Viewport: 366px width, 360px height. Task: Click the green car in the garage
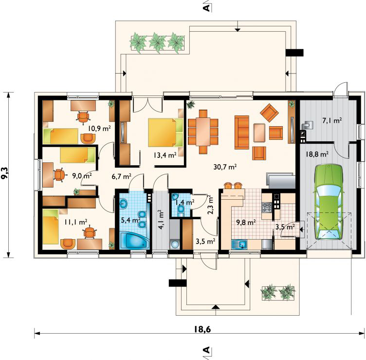[x=329, y=202]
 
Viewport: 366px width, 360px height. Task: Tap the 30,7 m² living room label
[x=225, y=167]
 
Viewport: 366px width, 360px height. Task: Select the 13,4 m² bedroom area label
[x=165, y=155]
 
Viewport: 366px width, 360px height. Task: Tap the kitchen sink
[x=239, y=245]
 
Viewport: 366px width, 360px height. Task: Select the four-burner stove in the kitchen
[x=267, y=208]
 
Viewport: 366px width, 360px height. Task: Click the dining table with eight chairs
[x=203, y=132]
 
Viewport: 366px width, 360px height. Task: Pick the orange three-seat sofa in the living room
[x=242, y=132]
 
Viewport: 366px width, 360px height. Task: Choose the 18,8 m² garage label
[x=317, y=154]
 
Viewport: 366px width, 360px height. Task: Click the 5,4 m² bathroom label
[x=131, y=220]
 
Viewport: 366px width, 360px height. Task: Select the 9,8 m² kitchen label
[x=246, y=223]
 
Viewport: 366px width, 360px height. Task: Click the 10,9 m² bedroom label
[x=99, y=128]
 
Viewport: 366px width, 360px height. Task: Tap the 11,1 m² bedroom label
[x=76, y=222]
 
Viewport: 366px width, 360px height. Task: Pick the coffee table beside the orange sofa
[x=259, y=133]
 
